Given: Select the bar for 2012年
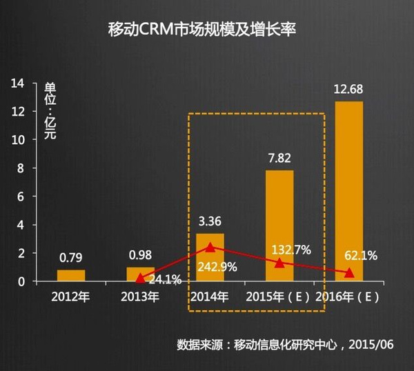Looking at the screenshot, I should pyautogui.click(x=71, y=275).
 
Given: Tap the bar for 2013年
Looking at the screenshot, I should pyautogui.click(x=141, y=274).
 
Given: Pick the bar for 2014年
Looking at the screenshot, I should pyautogui.click(x=210, y=257).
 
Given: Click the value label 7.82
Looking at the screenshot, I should pyautogui.click(x=279, y=159).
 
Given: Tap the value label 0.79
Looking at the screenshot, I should pyautogui.click(x=71, y=259).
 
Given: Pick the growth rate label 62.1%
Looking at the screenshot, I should pyautogui.click(x=360, y=256).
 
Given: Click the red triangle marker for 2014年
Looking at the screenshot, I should pyautogui.click(x=210, y=246).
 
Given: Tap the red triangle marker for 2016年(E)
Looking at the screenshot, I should pyautogui.click(x=348, y=273).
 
